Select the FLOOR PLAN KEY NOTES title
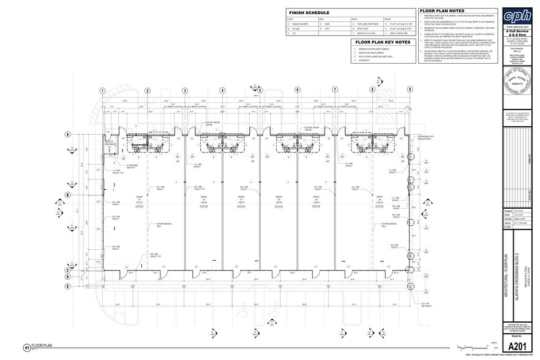(383, 42)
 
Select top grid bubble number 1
(103, 91)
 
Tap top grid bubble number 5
(260, 91)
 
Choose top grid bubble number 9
(409, 91)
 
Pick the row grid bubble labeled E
(66, 286)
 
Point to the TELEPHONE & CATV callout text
(424, 138)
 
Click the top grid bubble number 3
(184, 91)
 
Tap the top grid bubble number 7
(335, 91)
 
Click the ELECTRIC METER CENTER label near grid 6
(313, 129)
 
